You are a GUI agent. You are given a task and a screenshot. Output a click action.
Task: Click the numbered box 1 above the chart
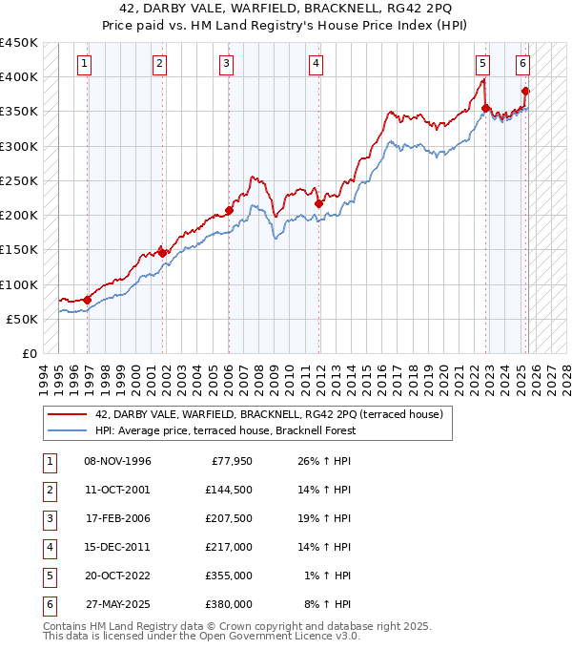85,64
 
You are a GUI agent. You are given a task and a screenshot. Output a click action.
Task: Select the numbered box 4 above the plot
315,64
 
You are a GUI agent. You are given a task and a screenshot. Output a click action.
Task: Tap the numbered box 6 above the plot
523,64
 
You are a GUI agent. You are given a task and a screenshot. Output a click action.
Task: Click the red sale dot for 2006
229,210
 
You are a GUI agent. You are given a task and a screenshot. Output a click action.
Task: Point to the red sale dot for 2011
318,203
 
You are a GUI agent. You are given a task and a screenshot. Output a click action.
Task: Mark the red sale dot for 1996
88,300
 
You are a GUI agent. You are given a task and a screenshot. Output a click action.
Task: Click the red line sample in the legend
68,414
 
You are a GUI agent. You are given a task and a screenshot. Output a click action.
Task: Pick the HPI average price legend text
225,430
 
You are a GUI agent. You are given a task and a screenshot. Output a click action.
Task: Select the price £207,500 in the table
229,518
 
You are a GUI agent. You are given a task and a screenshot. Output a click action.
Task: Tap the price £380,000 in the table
229,604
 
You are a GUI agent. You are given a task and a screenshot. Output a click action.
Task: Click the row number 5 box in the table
49,576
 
